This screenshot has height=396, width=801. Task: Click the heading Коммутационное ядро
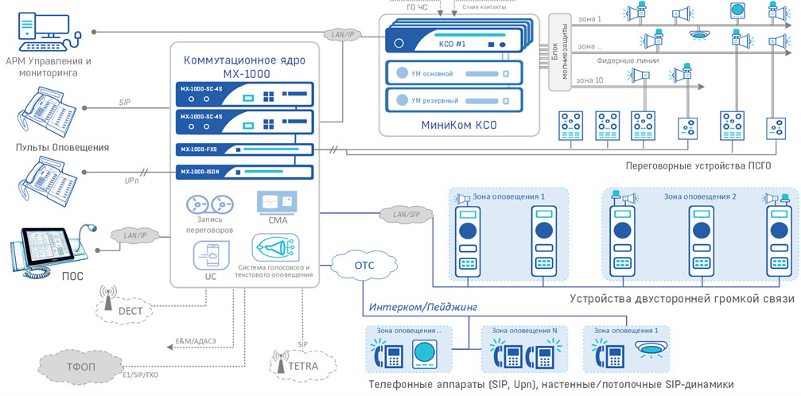(x=244, y=60)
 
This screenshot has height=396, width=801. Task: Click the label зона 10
(x=590, y=80)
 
